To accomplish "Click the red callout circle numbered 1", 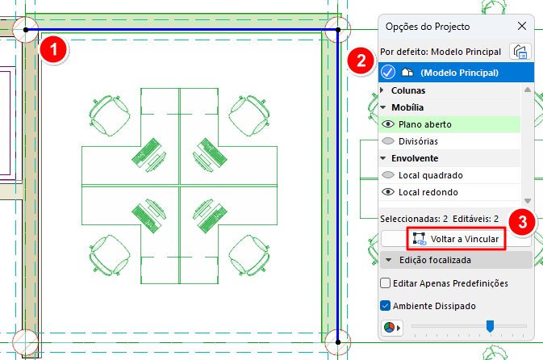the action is tap(54, 49).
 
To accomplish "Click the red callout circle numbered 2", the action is tap(361, 61).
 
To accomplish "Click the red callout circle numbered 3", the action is tap(522, 222).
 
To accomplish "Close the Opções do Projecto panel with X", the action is tap(522, 26).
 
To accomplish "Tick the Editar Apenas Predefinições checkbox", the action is tap(385, 283).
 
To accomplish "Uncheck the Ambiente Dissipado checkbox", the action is tap(385, 306).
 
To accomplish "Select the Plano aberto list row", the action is tap(449, 124).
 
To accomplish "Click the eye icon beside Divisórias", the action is tap(388, 141).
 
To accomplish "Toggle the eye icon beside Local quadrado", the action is tap(388, 175).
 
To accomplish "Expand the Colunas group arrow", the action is tap(382, 90).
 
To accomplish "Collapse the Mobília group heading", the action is tap(407, 107).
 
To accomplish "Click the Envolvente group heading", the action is tap(415, 158).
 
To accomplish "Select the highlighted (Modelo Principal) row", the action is tap(456, 73).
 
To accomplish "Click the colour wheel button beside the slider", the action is tap(391, 328).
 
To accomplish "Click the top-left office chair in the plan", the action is tap(110, 115).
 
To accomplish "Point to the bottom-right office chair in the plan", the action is tap(249, 257).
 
